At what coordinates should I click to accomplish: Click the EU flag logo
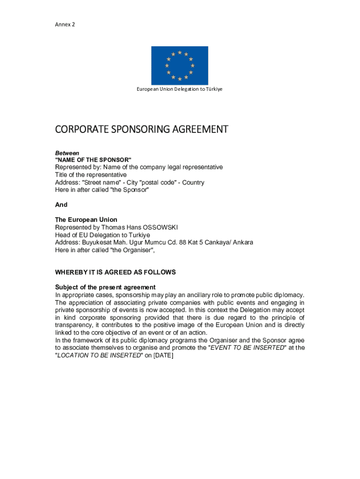coord(180,65)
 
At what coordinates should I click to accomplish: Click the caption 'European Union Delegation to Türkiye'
coord(180,89)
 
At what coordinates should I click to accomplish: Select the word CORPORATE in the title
coord(80,129)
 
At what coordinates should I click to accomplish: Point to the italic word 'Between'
coord(67,153)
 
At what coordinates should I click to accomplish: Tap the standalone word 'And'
coord(61,204)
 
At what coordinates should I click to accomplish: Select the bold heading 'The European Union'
coord(86,220)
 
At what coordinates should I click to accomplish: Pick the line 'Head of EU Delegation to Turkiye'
coord(102,235)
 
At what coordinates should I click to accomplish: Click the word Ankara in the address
coord(243,242)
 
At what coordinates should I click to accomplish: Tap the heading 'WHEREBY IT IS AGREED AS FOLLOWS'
coord(115,272)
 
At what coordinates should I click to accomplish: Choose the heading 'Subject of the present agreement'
coord(105,287)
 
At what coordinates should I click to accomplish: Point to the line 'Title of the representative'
coord(91,175)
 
